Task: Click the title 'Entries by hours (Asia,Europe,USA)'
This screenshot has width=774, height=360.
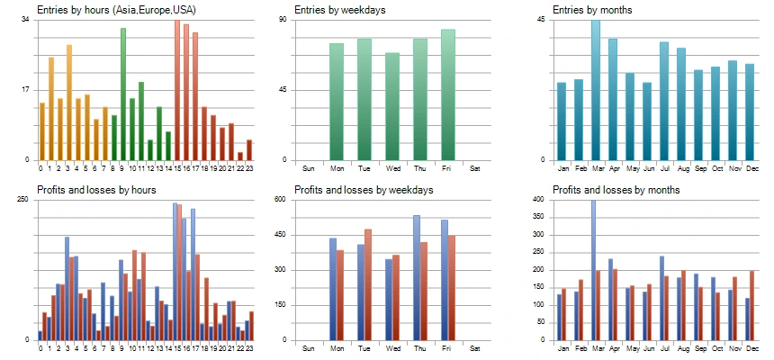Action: pos(115,10)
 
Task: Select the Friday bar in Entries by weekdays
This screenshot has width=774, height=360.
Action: pos(448,94)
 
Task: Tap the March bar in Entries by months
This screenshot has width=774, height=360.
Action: pos(596,90)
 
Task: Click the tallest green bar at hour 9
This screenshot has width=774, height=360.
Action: pos(123,94)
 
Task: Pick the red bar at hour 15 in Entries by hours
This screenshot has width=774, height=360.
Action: pos(177,90)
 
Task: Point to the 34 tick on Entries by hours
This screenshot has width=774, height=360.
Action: pos(24,20)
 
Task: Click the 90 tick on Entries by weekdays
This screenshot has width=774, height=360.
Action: pos(281,20)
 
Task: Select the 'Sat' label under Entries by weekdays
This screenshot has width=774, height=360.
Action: pos(475,168)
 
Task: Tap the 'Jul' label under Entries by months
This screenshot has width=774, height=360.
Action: pos(664,168)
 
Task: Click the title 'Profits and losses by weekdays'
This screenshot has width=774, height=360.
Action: pos(364,190)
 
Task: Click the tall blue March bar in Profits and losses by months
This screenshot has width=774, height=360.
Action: pos(593,270)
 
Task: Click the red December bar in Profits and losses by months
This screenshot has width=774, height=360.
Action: pos(752,305)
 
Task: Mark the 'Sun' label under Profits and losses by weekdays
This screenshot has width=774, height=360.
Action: pos(309,348)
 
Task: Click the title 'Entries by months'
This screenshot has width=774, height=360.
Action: pos(594,10)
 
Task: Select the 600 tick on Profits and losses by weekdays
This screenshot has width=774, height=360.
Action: pos(279,200)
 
